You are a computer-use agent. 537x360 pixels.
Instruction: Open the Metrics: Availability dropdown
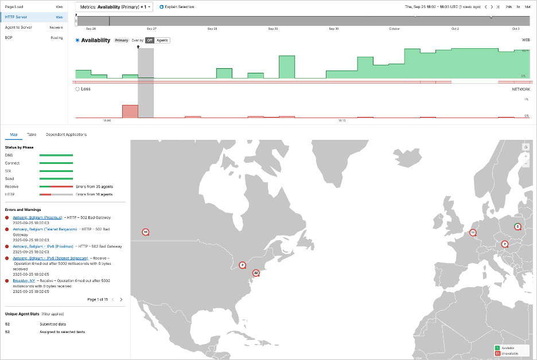[114, 7]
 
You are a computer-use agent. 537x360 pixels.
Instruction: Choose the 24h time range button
[509, 7]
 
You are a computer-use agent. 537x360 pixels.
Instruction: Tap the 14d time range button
[527, 7]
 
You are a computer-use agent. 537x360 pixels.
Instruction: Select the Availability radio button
[78, 40]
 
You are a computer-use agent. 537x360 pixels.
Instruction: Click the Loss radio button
[78, 89]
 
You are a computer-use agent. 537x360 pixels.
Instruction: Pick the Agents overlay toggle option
[162, 41]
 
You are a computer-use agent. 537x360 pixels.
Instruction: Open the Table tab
[32, 134]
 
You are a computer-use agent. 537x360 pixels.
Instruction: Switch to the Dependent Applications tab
[66, 134]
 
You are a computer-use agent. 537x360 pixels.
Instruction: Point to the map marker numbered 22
[256, 273]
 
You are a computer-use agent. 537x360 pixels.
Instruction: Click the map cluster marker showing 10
[145, 232]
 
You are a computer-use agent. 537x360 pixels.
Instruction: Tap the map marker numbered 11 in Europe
[473, 233]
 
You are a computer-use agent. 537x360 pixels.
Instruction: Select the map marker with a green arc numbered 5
[517, 226]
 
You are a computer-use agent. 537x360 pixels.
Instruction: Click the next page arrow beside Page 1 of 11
[121, 299]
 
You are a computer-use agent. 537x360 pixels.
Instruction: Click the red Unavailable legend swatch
[497, 353]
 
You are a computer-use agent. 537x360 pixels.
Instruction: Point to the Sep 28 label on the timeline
[212, 28]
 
